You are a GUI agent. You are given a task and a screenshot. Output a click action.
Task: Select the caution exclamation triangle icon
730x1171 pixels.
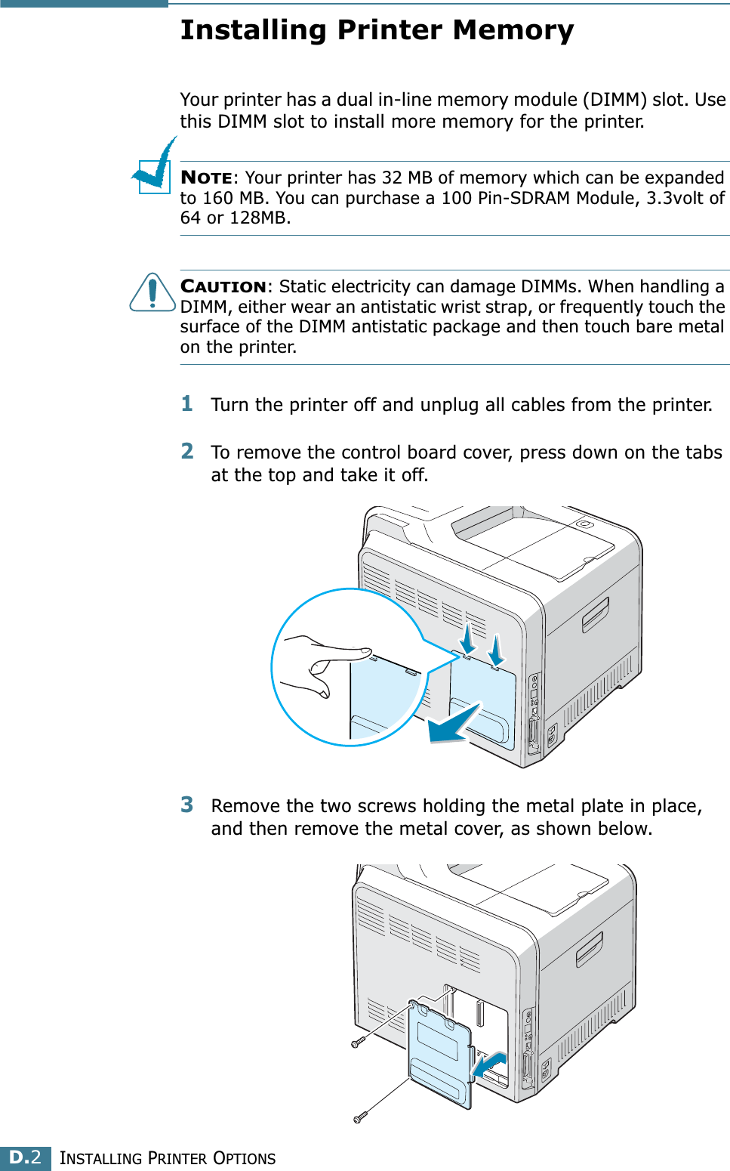[x=152, y=293]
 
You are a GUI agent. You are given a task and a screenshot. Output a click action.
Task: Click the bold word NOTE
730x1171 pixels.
[x=207, y=178]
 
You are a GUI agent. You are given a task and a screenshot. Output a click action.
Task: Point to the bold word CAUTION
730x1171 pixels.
[x=223, y=287]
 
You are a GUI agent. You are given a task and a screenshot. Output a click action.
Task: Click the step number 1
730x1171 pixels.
[x=187, y=404]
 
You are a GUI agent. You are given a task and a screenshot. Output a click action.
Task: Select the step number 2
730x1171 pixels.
[x=187, y=452]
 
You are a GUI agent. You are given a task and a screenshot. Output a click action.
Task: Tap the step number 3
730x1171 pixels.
[x=187, y=805]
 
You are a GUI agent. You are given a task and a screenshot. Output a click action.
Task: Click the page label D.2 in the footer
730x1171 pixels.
[x=25, y=1157]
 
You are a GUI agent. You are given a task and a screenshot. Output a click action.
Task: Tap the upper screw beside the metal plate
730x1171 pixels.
[x=358, y=1043]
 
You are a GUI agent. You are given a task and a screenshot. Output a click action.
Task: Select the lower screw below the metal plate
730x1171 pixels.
[x=360, y=1117]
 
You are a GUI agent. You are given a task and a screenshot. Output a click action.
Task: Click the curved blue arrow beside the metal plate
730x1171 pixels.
[x=488, y=1065]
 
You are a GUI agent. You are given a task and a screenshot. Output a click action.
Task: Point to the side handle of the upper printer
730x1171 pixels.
[x=595, y=613]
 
